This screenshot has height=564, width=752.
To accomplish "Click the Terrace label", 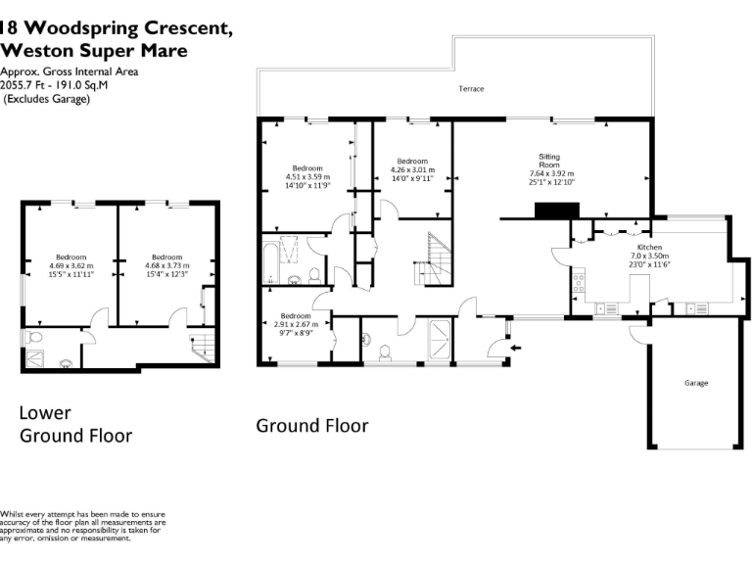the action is [x=471, y=89].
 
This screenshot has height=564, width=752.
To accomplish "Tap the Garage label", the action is [x=696, y=383].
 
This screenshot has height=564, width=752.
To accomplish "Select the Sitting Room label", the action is [x=549, y=161].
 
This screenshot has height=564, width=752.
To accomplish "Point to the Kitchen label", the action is [x=649, y=248].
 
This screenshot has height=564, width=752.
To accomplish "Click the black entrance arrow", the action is [x=516, y=348].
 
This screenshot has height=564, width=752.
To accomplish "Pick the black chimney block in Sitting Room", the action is [x=557, y=211].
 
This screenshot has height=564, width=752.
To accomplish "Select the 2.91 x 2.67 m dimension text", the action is [x=296, y=324].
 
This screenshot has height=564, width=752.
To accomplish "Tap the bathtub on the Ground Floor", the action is [x=270, y=262].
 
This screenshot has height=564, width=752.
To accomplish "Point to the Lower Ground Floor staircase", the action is [x=203, y=348].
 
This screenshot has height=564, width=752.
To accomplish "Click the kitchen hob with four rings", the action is [x=579, y=282].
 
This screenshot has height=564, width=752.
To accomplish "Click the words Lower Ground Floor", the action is [x=75, y=424].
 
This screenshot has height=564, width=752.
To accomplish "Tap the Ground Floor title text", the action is [x=312, y=426].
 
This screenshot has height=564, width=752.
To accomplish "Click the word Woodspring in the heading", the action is [x=81, y=27].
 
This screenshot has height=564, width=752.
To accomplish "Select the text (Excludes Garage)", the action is [x=47, y=99].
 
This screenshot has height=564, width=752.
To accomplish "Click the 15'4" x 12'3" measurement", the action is [x=166, y=274].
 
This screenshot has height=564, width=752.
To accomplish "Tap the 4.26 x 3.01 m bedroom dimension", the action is [x=412, y=169].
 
